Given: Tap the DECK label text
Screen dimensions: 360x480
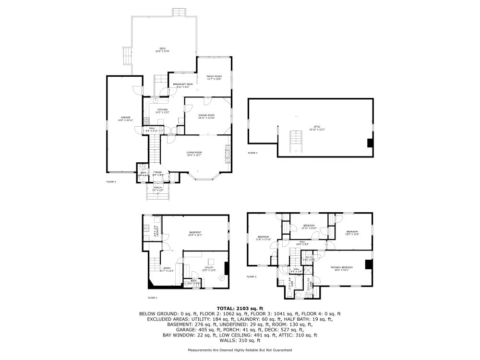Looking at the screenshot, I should click(162, 49).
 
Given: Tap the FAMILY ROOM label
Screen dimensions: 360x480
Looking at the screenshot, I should click(214, 77).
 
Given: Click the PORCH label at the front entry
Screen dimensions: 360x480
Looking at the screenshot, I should click(157, 189).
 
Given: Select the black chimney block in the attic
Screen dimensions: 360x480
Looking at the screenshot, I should click(370, 143).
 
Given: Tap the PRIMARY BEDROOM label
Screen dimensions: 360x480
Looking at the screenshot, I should click(341, 268).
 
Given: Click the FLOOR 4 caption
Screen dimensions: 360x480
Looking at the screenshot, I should click(252, 153).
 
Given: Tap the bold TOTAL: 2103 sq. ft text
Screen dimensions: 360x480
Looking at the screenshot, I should click(240, 308).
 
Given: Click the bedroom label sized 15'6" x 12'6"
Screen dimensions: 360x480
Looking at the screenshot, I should click(353, 232).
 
